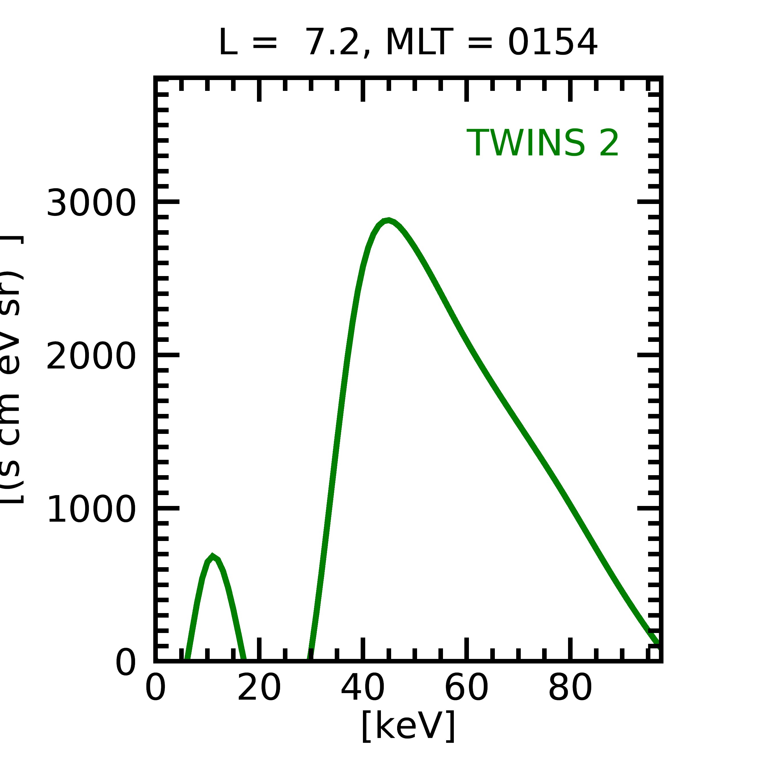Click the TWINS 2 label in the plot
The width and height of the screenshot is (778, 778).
542,143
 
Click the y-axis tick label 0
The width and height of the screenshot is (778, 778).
126,663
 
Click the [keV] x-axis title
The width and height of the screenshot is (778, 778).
408,726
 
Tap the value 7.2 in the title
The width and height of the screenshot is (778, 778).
333,42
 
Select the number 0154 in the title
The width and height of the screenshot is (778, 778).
552,42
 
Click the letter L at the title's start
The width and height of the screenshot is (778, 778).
228,42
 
